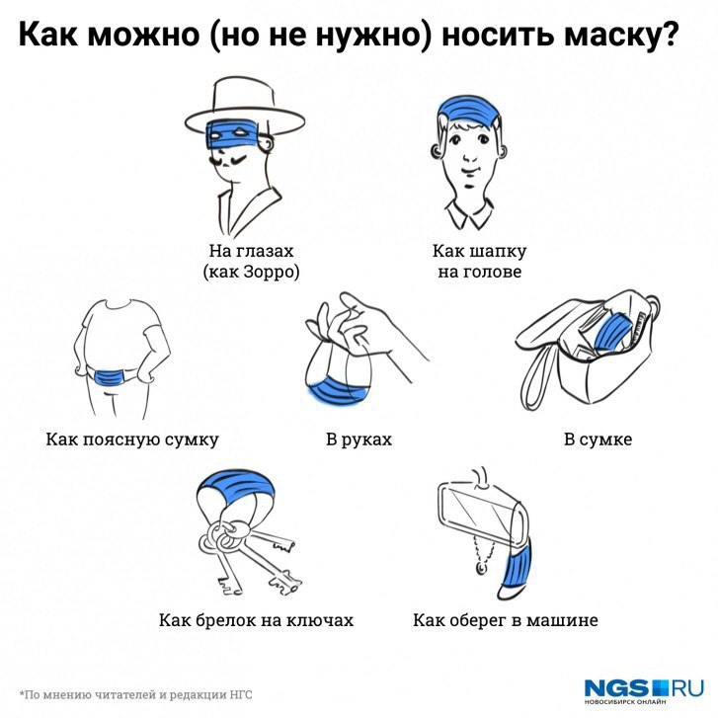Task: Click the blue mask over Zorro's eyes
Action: point(231,133)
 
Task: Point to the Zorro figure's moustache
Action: point(228,161)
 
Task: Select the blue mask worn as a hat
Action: point(467,109)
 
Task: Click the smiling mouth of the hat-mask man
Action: point(468,171)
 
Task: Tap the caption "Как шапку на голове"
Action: point(479,261)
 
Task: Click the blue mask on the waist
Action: point(111,378)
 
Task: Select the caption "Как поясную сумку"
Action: point(132,439)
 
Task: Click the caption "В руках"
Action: point(359,439)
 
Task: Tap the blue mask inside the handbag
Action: point(612,332)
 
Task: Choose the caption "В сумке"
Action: point(598,439)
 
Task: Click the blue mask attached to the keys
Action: point(236,486)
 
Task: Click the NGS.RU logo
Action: point(644,690)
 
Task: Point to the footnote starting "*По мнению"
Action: point(135,694)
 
